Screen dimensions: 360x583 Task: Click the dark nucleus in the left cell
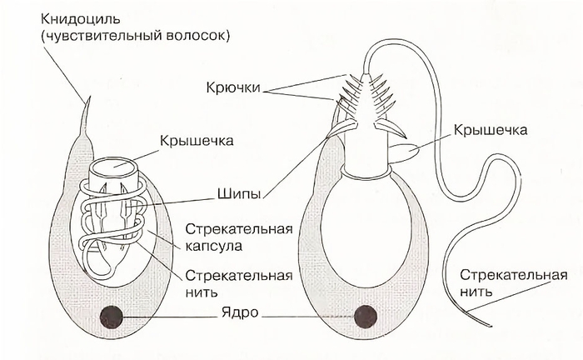pos(112,317)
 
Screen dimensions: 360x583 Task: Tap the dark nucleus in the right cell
pos(366,317)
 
